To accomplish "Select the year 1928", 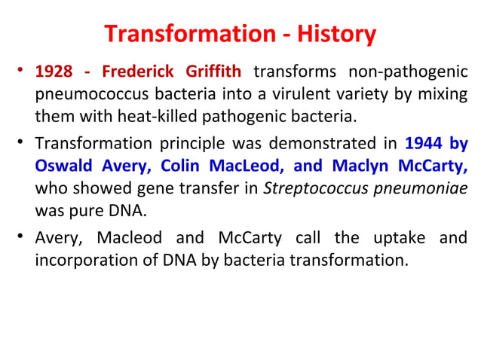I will click(x=54, y=73).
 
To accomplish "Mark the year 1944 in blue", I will click(x=426, y=142).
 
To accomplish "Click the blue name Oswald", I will click(x=65, y=165).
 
